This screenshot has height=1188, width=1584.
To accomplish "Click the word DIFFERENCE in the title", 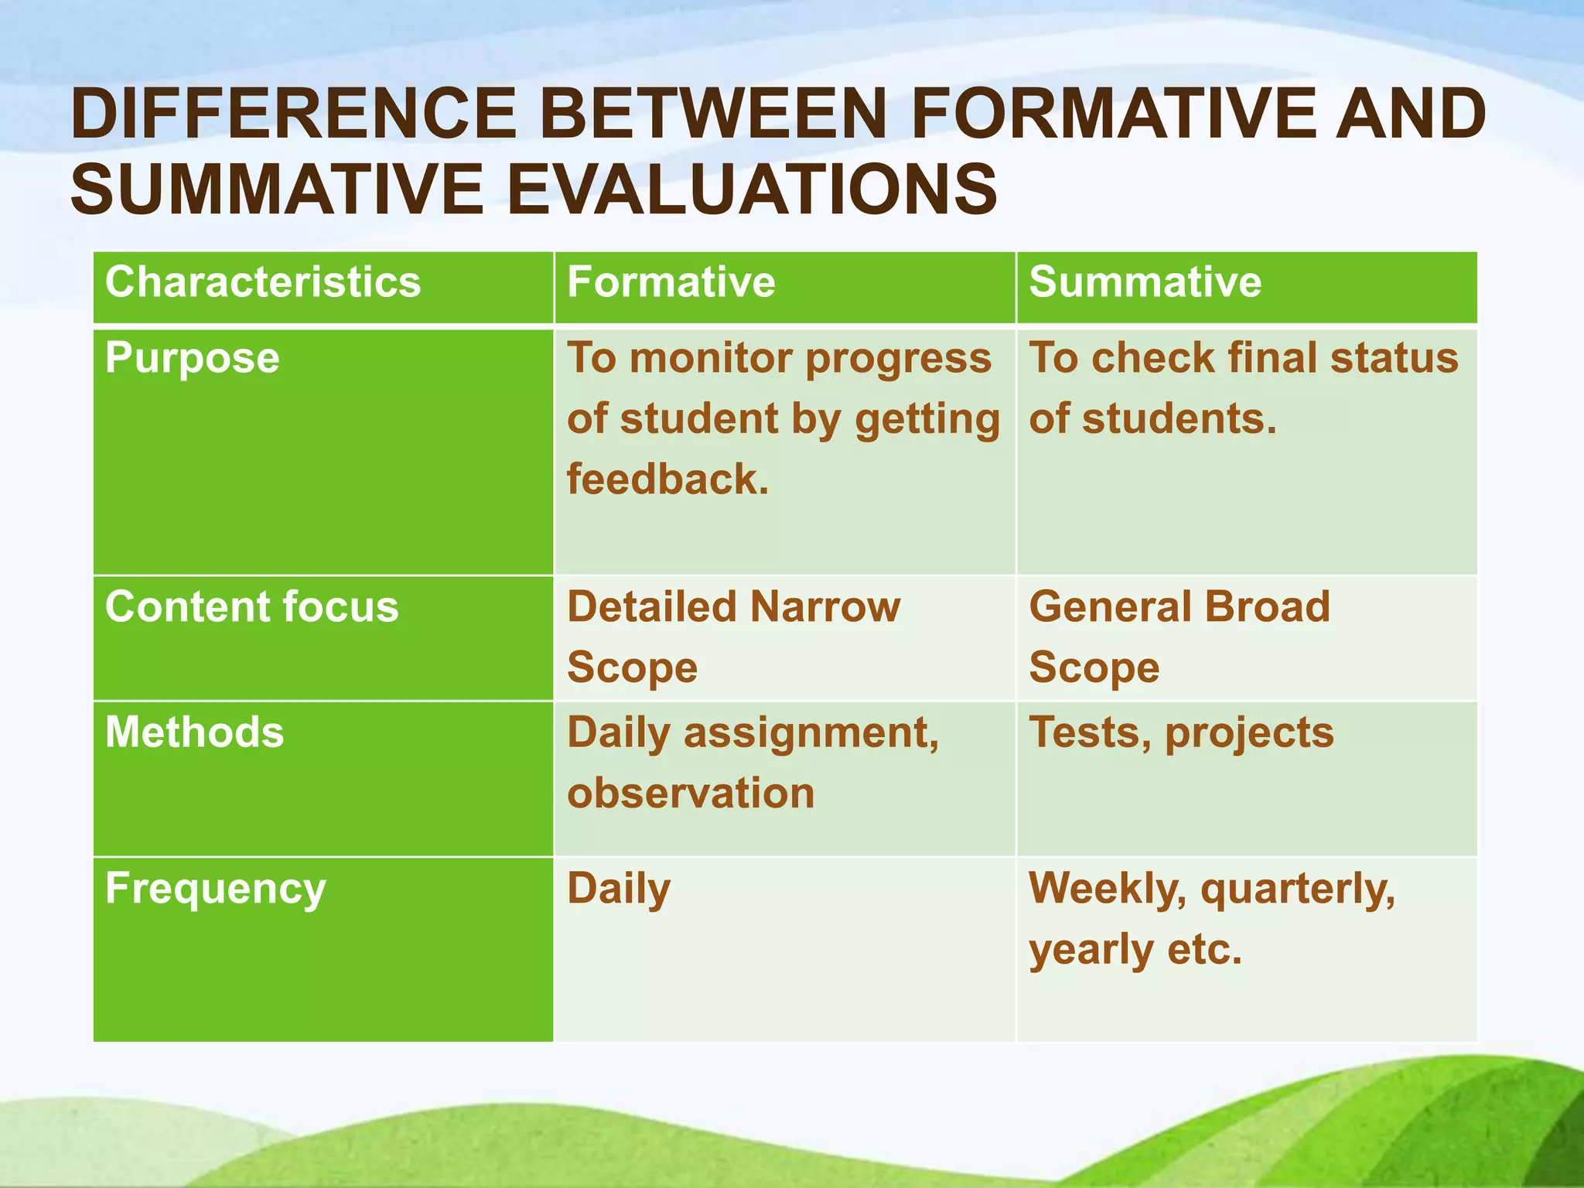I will [x=292, y=114].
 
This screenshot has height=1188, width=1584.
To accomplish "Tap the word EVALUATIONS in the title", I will [x=751, y=189].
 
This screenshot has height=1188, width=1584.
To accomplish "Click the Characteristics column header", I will [x=263, y=282].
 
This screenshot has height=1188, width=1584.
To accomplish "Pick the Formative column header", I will [x=671, y=282].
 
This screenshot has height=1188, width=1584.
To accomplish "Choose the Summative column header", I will [x=1145, y=282].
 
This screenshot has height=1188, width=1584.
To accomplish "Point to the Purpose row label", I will [x=192, y=359].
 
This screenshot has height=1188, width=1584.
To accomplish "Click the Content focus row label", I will [x=251, y=606].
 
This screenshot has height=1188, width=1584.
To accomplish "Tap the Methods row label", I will [x=194, y=732].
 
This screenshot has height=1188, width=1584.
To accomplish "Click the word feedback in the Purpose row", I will [x=667, y=480].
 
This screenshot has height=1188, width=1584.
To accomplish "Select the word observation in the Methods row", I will [x=691, y=794].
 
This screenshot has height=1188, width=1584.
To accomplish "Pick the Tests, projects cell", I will [x=1181, y=733].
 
